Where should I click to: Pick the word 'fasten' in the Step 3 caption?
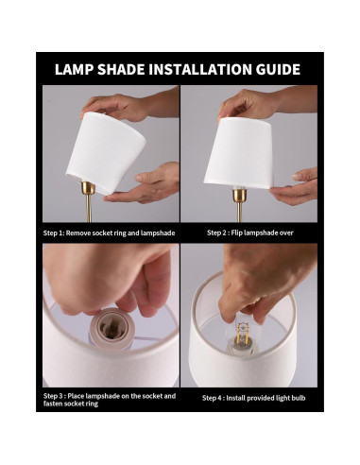point(54,404)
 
